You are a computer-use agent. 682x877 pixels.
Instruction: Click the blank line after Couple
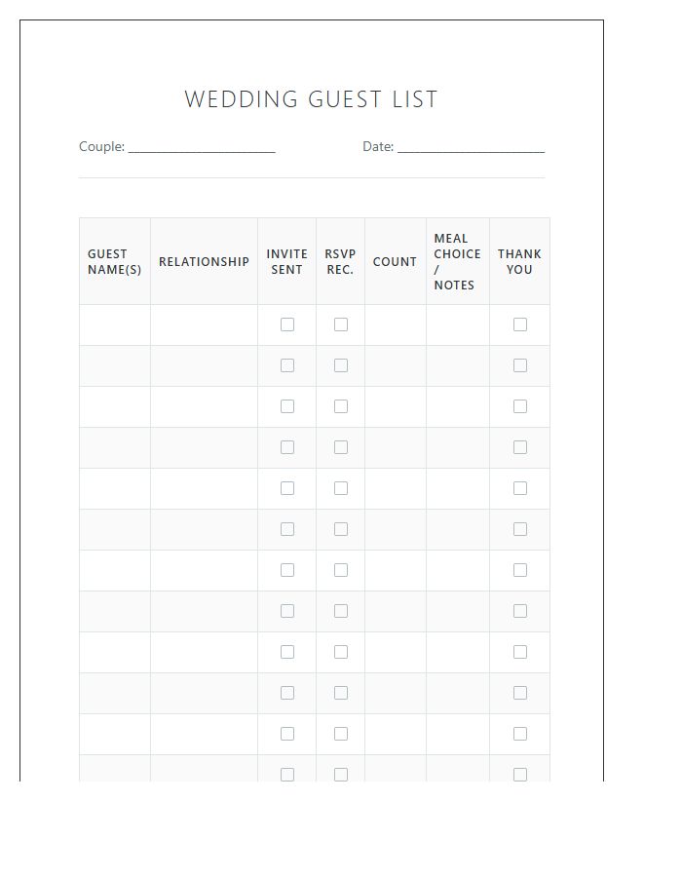202,149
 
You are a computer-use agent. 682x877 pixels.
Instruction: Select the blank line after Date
471,149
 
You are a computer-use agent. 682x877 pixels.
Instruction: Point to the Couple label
101,147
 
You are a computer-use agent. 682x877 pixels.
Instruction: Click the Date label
378,147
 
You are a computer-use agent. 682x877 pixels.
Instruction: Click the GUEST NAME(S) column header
114,262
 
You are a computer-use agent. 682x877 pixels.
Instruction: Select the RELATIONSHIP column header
204,262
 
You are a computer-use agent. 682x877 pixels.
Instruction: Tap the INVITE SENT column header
286,262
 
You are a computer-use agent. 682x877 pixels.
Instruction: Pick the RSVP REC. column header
340,262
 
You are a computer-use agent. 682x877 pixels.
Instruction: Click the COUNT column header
395,262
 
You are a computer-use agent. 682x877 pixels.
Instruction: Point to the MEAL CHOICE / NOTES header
457,261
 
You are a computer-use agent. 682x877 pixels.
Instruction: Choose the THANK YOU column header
519,262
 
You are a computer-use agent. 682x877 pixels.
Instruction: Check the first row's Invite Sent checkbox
287,324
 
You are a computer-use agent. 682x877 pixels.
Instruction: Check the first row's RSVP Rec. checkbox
341,324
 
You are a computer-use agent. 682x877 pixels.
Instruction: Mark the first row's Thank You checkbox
520,324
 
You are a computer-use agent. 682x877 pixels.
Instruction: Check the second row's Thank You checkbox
520,365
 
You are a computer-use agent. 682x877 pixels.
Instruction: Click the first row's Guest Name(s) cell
115,324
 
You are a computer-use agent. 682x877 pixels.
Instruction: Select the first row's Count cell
396,324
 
